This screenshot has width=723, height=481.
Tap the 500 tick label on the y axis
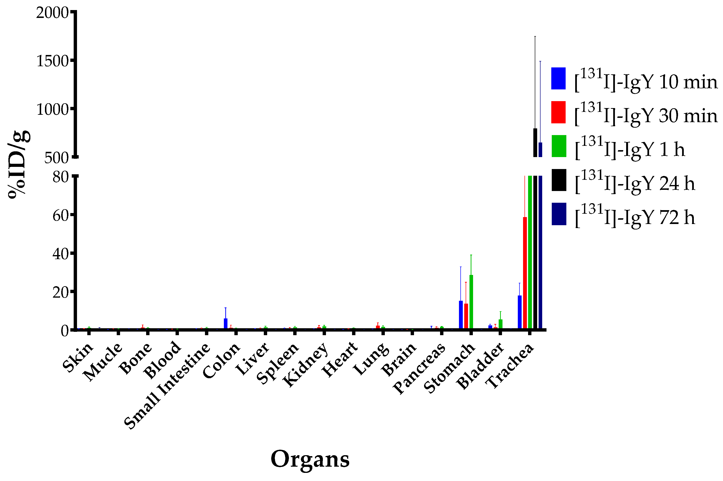pyautogui.click(x=56, y=158)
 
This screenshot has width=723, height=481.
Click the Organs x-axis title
pyautogui.click(x=310, y=459)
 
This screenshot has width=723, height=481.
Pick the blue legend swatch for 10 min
pyautogui.click(x=558, y=78)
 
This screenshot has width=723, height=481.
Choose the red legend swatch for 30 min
pyautogui.click(x=558, y=112)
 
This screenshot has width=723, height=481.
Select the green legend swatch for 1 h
pyautogui.click(x=558, y=146)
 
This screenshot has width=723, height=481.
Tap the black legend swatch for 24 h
pyautogui.click(x=558, y=180)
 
